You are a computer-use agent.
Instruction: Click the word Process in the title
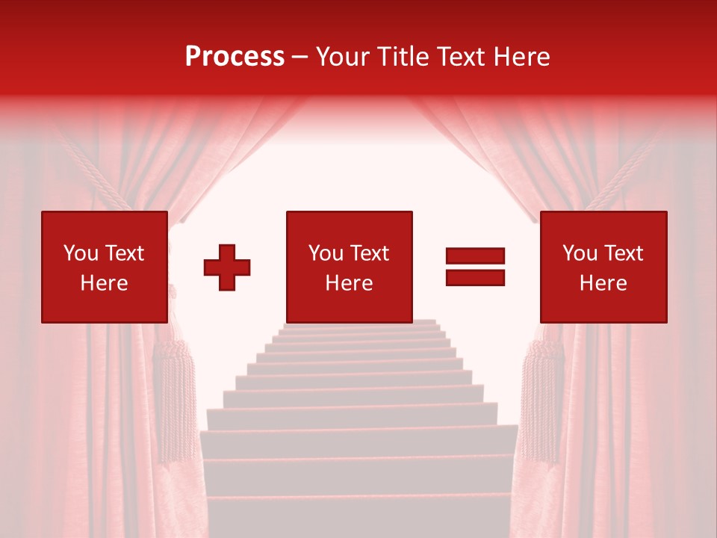tap(235, 57)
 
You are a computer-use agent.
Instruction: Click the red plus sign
tap(227, 267)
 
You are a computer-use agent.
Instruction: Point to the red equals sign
tap(475, 267)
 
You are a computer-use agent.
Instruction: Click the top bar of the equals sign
tap(475, 256)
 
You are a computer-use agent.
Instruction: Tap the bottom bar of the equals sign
tap(475, 278)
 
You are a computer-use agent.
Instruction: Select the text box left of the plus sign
tap(104, 267)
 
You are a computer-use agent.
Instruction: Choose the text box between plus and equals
tap(349, 267)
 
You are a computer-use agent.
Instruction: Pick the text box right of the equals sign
tap(603, 267)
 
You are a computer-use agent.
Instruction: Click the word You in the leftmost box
tap(81, 253)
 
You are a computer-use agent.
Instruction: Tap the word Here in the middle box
tap(349, 283)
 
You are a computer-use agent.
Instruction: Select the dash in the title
tap(300, 57)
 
